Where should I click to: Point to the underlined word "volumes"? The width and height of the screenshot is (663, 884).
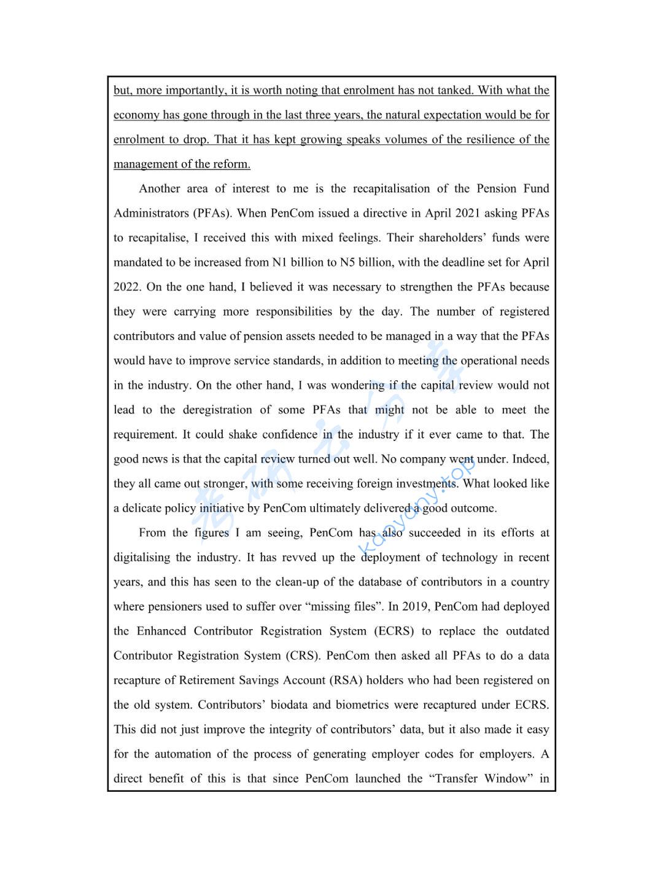[405, 139]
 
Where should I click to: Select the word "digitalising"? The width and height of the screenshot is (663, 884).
[142, 557]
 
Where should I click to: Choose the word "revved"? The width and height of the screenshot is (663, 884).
[298, 557]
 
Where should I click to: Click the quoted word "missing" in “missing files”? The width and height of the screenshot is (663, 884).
[330, 606]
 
